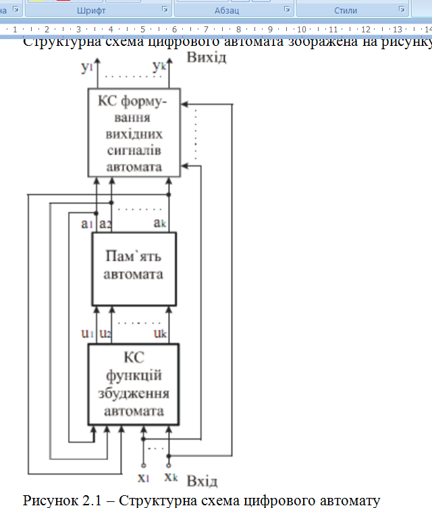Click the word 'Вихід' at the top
[x=206, y=57]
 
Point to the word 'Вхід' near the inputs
[x=202, y=481]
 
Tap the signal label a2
[x=105, y=223]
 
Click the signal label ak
[x=159, y=223]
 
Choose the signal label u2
[x=104, y=333]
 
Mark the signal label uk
[x=159, y=333]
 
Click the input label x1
[x=143, y=478]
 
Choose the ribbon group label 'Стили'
[x=346, y=11]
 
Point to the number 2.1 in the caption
[x=91, y=500]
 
